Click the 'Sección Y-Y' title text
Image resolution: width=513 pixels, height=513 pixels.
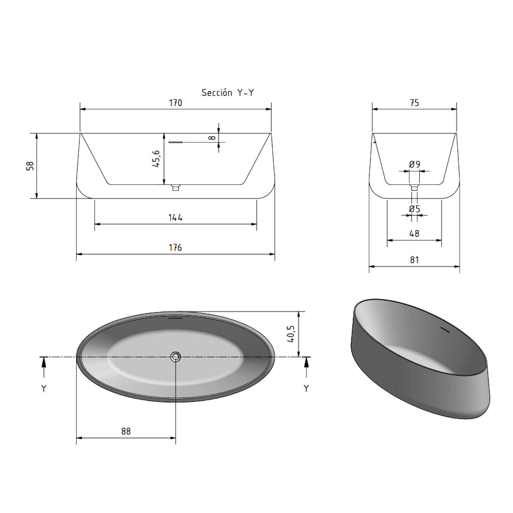[x=227, y=93]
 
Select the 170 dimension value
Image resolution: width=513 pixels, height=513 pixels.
[x=175, y=103]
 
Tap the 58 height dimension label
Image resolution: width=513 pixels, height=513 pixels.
[x=30, y=166]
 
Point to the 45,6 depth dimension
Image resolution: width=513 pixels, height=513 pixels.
[x=156, y=159]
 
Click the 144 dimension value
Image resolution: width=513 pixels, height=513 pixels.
[x=175, y=218]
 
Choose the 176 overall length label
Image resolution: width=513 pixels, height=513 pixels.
[x=175, y=248]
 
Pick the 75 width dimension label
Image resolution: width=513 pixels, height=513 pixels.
[x=414, y=103]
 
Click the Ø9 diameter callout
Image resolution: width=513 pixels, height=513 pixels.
[x=415, y=165]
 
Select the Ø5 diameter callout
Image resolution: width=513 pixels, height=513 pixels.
[x=415, y=209]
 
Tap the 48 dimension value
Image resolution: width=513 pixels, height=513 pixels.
[x=414, y=234]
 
